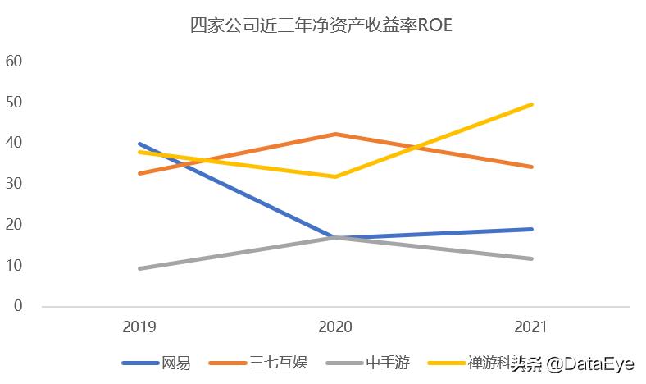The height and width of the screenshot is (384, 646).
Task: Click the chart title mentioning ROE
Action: (x=321, y=25)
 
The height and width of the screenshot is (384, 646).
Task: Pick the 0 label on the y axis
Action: (x=17, y=306)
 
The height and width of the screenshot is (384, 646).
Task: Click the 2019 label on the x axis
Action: (x=139, y=327)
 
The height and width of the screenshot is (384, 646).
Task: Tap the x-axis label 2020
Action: (x=335, y=327)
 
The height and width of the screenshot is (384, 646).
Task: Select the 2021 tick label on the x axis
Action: (x=531, y=327)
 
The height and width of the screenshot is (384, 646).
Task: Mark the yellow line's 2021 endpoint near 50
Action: (x=531, y=104)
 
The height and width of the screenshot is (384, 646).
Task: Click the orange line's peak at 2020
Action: (x=335, y=134)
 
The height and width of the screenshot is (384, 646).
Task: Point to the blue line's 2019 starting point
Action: (x=139, y=144)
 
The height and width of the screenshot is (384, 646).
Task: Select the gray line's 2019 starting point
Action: (x=139, y=268)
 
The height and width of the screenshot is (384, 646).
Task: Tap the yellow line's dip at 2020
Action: (x=335, y=176)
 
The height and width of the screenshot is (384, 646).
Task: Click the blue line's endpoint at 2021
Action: (x=531, y=229)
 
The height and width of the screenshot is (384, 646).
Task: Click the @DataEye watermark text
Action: (x=590, y=363)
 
